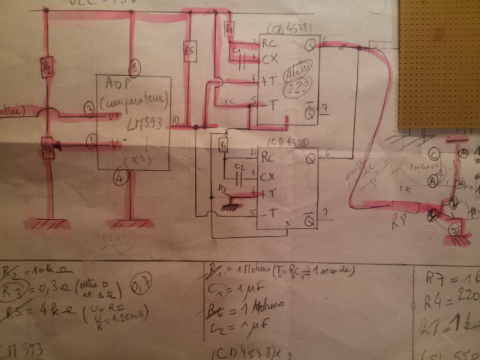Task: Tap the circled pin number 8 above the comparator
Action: tap(135, 64)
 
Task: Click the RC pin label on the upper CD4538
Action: tap(268, 43)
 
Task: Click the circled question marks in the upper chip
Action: tap(301, 79)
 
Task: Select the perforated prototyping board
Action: tap(439, 64)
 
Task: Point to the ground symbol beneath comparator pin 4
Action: tap(130, 222)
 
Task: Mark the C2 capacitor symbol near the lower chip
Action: tap(239, 178)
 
